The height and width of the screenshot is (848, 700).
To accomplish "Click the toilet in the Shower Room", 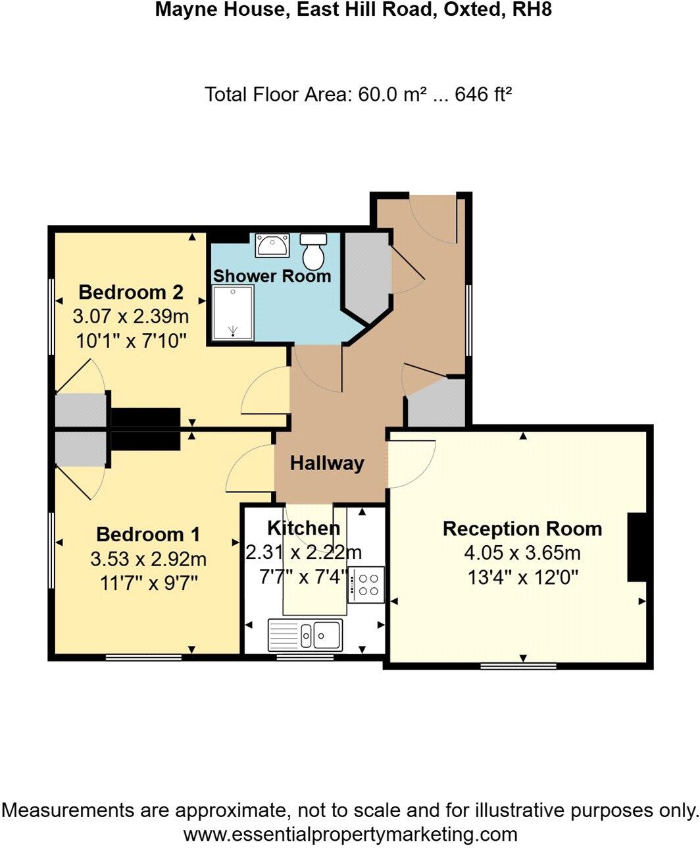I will click(313, 248).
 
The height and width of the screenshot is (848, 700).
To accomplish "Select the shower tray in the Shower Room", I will click(233, 313).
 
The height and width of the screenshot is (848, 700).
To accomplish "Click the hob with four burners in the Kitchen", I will click(366, 585).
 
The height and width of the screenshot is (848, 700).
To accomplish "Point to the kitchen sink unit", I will click(305, 635).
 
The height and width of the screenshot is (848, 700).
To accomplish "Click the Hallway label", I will click(327, 464).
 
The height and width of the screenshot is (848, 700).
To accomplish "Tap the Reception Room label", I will click(522, 529).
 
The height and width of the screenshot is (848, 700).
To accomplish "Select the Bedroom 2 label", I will click(131, 292).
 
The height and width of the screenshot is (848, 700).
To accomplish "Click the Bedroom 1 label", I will click(148, 534).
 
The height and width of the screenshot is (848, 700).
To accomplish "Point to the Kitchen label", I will click(303, 527).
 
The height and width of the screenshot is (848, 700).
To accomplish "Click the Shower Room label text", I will click(272, 276).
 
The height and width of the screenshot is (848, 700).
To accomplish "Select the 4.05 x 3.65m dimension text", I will click(522, 553).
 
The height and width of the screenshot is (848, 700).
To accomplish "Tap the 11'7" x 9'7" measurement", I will click(148, 583).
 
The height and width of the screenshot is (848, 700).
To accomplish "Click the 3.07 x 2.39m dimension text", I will click(131, 317).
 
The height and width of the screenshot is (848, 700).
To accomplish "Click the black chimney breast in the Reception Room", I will click(637, 547).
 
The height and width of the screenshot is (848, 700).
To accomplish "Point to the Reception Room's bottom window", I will click(518, 666).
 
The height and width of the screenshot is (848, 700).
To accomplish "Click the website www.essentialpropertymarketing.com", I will click(349, 834).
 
